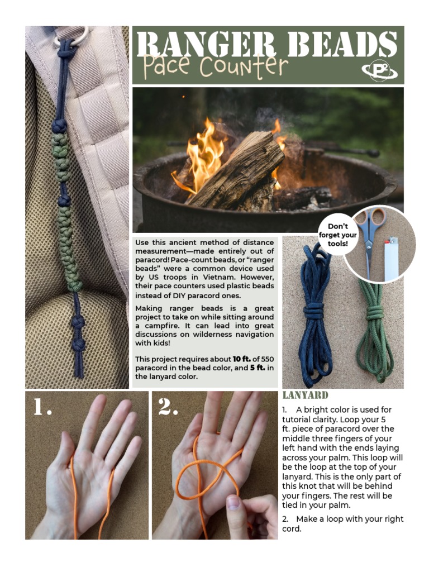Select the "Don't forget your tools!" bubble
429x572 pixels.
point(337,235)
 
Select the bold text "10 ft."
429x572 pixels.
point(242,359)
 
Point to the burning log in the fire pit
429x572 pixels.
point(235,170)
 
